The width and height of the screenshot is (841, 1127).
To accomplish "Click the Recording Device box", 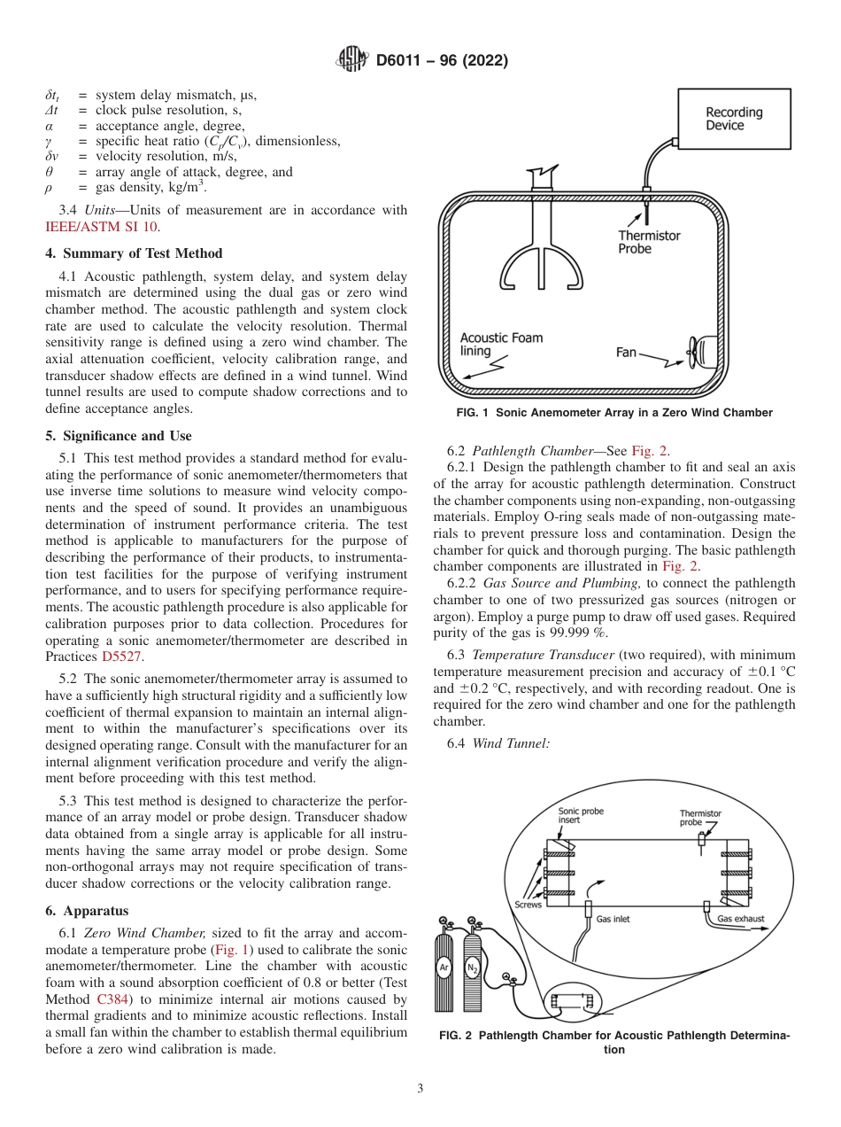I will point(734,119).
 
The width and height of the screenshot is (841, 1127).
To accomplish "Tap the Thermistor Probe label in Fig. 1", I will point(649,242).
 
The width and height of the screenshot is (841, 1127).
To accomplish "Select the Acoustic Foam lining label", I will point(501,344).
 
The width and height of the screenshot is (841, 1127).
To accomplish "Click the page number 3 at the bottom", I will point(420,1088).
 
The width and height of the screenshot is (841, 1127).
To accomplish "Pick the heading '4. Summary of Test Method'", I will point(133,253).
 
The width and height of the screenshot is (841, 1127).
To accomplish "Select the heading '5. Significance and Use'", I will point(118,436).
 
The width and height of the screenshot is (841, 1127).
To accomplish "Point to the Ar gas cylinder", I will point(444,969).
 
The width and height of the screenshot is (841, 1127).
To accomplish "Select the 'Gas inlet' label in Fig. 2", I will point(613,920).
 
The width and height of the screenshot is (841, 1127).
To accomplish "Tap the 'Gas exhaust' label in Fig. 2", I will point(740,920).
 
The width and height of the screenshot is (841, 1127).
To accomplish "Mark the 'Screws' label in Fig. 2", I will point(528,905).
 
